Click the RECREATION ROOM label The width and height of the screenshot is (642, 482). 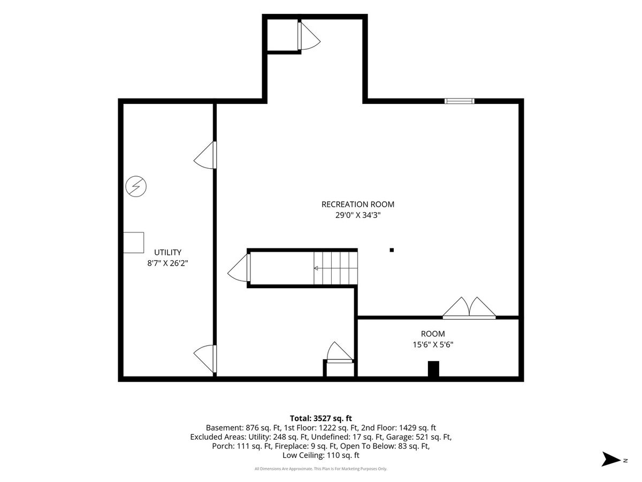click(358, 204)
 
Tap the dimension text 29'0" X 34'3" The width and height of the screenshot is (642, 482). click(358, 215)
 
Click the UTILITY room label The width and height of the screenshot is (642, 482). click(167, 252)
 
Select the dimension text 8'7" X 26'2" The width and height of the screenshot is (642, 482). click(167, 263)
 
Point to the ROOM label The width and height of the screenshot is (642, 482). click(433, 334)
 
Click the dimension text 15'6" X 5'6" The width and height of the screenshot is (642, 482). click(433, 345)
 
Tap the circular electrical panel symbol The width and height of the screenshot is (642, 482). click(136, 186)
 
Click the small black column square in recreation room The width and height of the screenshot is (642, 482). click(392, 250)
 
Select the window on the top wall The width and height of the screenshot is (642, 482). click(459, 101)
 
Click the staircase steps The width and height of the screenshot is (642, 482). click(335, 268)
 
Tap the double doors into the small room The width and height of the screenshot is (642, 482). click(469, 308)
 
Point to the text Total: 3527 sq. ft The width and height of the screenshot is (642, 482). click(321, 418)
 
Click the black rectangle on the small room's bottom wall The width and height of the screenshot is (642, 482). click(433, 369)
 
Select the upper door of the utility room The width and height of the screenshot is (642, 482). click(205, 155)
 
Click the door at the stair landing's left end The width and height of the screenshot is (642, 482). click(239, 268)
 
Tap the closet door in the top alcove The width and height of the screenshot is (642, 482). click(309, 36)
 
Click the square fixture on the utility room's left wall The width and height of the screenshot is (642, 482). click(133, 243)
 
